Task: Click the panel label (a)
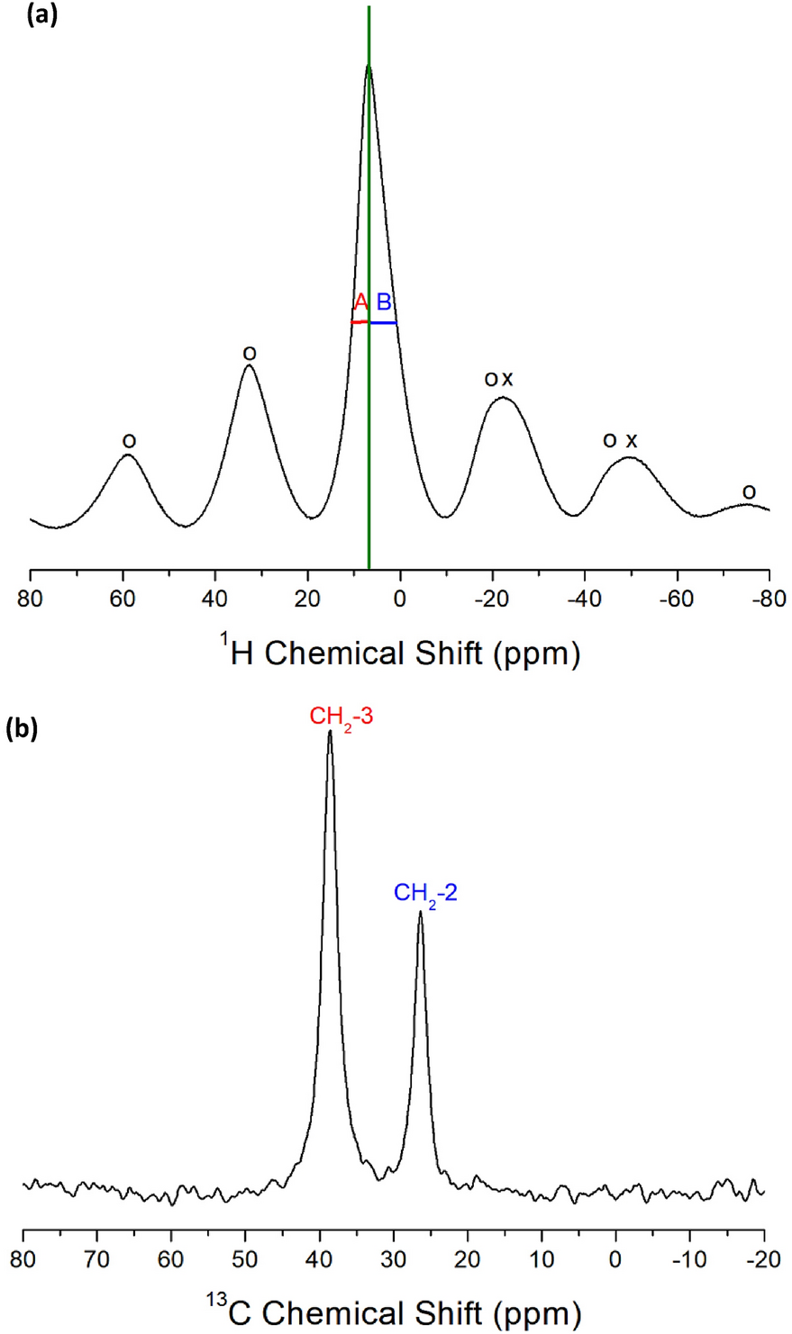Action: [x=42, y=15]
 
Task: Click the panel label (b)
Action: [x=22, y=729]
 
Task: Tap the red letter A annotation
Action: [x=360, y=302]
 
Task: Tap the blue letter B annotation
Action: [x=384, y=302]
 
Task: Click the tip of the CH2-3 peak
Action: [x=331, y=731]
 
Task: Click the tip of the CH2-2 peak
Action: [x=420, y=912]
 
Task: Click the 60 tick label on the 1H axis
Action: [x=123, y=598]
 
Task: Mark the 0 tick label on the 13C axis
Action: [x=615, y=1255]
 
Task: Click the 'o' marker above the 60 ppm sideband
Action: [x=129, y=441]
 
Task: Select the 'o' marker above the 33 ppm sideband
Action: [x=250, y=354]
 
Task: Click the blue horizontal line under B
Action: [x=383, y=322]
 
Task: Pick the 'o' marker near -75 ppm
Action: [x=749, y=492]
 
